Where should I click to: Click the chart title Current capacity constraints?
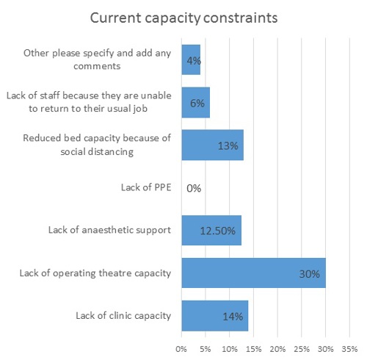183,18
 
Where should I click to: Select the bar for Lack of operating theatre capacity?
254,273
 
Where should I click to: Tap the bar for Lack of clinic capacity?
215,316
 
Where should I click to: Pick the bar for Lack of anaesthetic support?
211,230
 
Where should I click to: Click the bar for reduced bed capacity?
213,145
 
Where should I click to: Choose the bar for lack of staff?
196,102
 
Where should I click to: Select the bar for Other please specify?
191,60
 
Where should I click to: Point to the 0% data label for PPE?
194,188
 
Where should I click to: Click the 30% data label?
310,274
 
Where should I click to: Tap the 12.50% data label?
218,231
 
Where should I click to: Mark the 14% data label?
233,317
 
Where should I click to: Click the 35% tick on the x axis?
349,349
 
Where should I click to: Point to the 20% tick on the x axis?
277,349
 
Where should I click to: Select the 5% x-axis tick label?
206,349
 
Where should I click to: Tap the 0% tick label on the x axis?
181,349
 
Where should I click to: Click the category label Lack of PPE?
146,187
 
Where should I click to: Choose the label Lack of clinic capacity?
123,316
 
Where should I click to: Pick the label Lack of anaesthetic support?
109,230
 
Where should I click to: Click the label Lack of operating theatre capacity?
95,273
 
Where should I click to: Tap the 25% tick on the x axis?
302,349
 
